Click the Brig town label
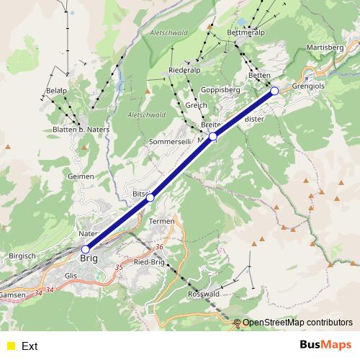(89, 257)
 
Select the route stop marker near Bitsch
(150, 197)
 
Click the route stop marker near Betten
(274, 91)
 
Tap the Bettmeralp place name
(246, 32)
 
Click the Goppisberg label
(220, 90)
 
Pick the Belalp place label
(56, 90)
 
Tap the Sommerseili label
(171, 143)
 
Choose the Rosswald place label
(203, 294)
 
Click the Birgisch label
(22, 256)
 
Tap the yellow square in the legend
(10, 346)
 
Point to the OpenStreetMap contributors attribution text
(298, 322)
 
